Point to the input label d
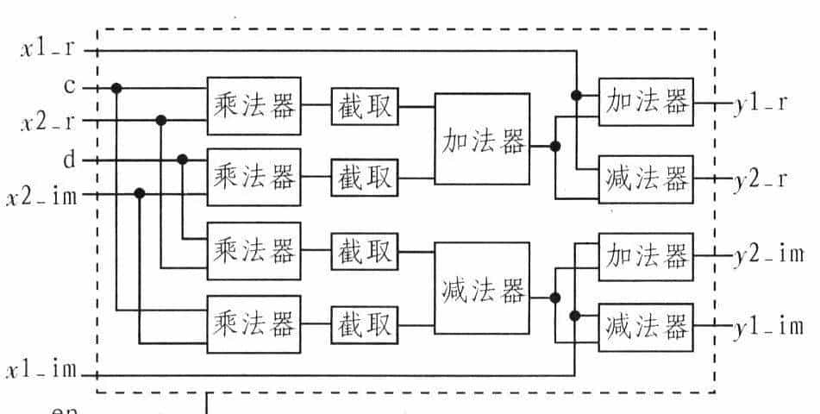tap(69, 160)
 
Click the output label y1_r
tap(759, 103)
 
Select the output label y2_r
tap(759, 180)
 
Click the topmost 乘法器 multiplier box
tap(254, 106)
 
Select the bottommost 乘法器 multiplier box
tap(254, 325)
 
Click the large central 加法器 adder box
tap(482, 139)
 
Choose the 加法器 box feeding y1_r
tap(646, 102)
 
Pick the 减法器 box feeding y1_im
tap(646, 327)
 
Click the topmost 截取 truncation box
tap(363, 106)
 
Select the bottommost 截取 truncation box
tap(363, 325)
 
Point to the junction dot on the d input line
tap(182, 160)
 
